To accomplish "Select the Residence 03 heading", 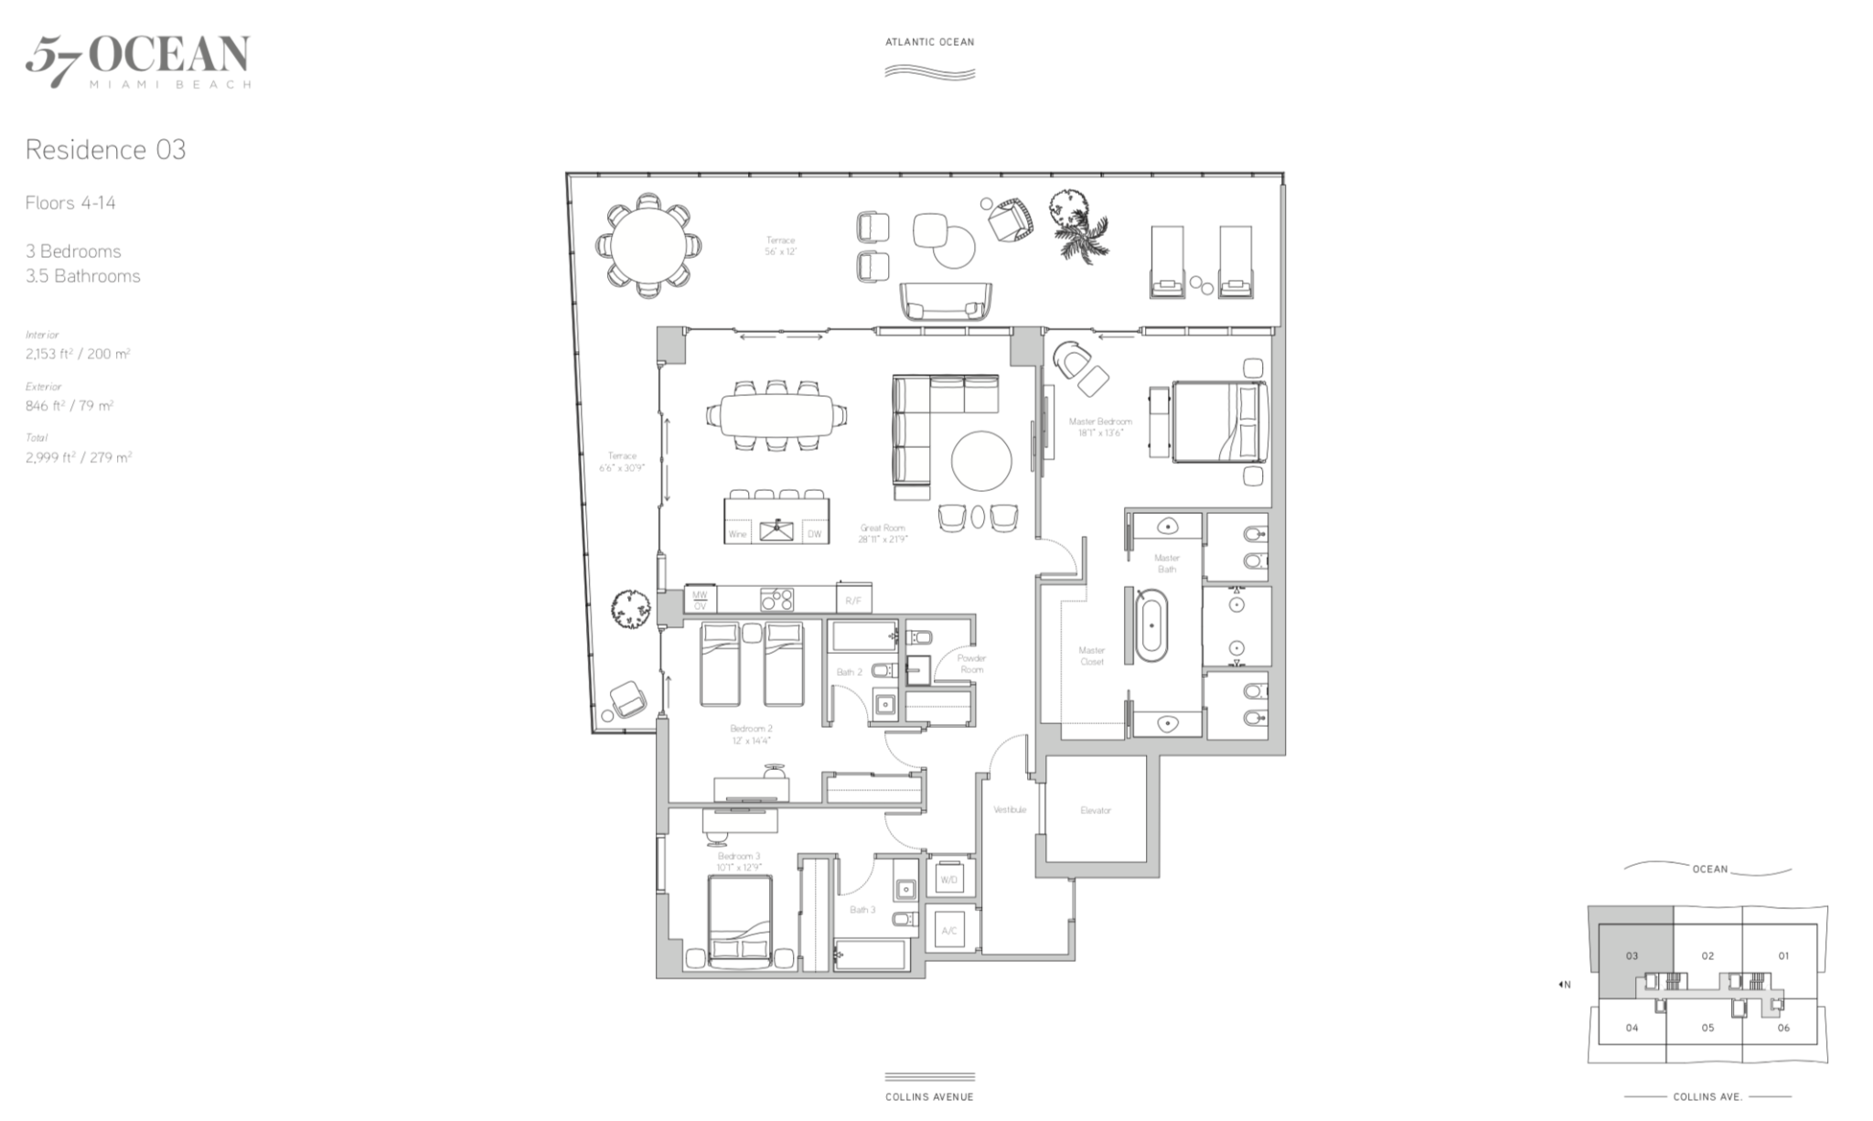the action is (105, 150).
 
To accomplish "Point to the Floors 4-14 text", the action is (70, 203).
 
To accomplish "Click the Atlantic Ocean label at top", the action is (929, 42).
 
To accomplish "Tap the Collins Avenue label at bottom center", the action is (929, 1096).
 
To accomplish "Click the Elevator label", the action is (1095, 810).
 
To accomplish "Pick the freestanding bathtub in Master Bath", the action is (1151, 626).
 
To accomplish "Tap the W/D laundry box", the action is (948, 880).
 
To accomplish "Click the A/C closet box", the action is (948, 931).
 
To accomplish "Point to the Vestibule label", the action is (1010, 809).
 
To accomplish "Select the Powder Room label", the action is (971, 664).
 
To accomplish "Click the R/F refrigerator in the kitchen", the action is (853, 600).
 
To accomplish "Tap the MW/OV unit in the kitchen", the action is (700, 600).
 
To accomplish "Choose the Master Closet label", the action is (1092, 656).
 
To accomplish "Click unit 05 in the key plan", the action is (1707, 1028).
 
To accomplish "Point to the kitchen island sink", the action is (777, 528).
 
